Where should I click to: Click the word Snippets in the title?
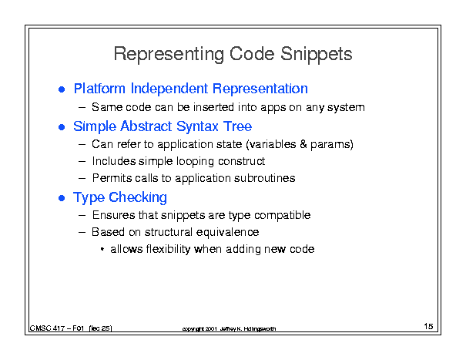point(317,54)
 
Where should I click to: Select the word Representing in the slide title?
point(169,55)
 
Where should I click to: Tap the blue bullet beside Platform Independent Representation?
point(62,89)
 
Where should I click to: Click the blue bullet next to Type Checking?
point(62,198)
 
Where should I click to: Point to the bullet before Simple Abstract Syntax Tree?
point(62,127)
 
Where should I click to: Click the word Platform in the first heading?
point(99,89)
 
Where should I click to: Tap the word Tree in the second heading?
point(238,126)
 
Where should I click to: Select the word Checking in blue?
point(138,198)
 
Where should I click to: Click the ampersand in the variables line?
point(303,144)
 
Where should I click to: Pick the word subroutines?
point(264,178)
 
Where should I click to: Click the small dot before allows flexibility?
point(102,249)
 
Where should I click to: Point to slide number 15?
point(428,326)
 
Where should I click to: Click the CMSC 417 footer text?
point(71,328)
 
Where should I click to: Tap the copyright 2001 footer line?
point(229,328)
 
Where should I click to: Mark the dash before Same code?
point(82,107)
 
